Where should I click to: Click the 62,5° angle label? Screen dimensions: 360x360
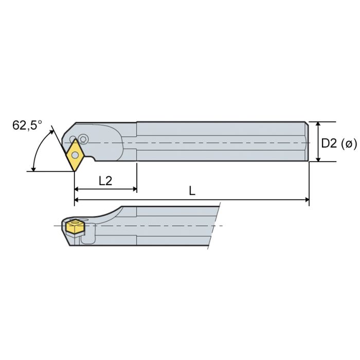[27, 125]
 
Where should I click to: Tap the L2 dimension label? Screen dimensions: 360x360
[105, 180]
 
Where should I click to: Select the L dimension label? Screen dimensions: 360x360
[192, 191]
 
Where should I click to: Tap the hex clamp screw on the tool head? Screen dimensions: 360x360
[83, 139]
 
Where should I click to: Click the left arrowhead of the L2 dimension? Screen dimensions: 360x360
[78, 189]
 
